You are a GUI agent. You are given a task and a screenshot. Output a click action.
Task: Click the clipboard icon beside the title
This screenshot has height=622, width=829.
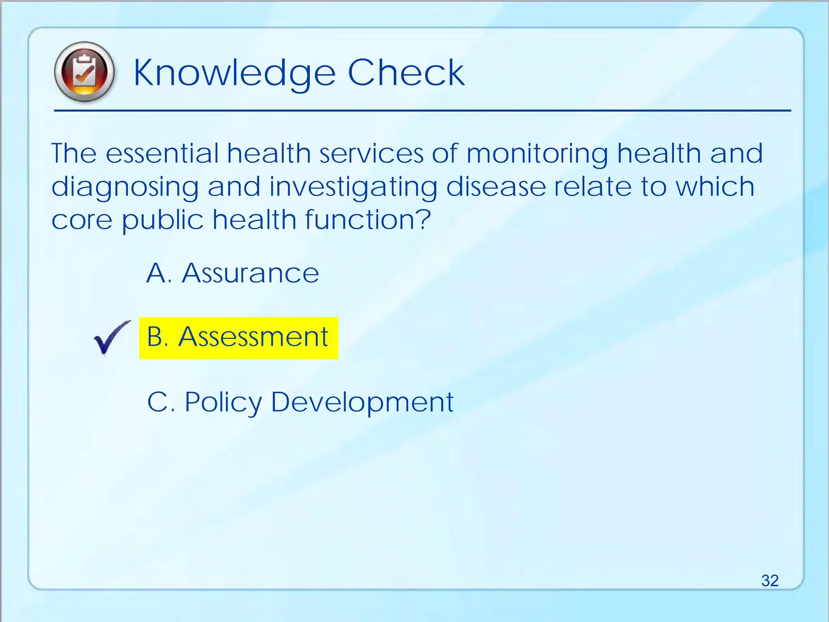point(84,72)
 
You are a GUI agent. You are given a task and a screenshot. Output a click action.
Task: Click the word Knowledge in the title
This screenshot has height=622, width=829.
point(234,73)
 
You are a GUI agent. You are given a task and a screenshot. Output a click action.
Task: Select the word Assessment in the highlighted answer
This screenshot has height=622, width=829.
point(253,337)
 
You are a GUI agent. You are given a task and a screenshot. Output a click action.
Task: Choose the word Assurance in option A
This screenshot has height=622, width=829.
point(251,273)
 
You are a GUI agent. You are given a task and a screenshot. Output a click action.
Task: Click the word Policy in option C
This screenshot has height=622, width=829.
point(223,403)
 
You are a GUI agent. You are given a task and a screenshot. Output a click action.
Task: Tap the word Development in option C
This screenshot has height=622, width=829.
point(362,403)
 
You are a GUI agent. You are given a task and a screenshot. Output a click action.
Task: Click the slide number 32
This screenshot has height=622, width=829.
point(769,580)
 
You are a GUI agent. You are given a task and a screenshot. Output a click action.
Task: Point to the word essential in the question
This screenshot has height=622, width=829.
point(162,153)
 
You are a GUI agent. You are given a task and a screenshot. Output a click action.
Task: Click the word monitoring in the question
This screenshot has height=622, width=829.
point(537,154)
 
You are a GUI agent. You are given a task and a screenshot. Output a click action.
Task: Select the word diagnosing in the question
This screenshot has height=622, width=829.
point(125,187)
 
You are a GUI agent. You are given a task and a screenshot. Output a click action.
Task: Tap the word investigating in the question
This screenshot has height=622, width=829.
point(353,187)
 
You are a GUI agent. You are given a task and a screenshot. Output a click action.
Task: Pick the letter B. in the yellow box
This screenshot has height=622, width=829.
point(157,337)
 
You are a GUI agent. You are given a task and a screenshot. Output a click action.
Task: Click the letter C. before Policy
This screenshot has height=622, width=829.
point(161,403)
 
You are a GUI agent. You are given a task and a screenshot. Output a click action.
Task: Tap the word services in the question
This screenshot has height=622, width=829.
point(371,153)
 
